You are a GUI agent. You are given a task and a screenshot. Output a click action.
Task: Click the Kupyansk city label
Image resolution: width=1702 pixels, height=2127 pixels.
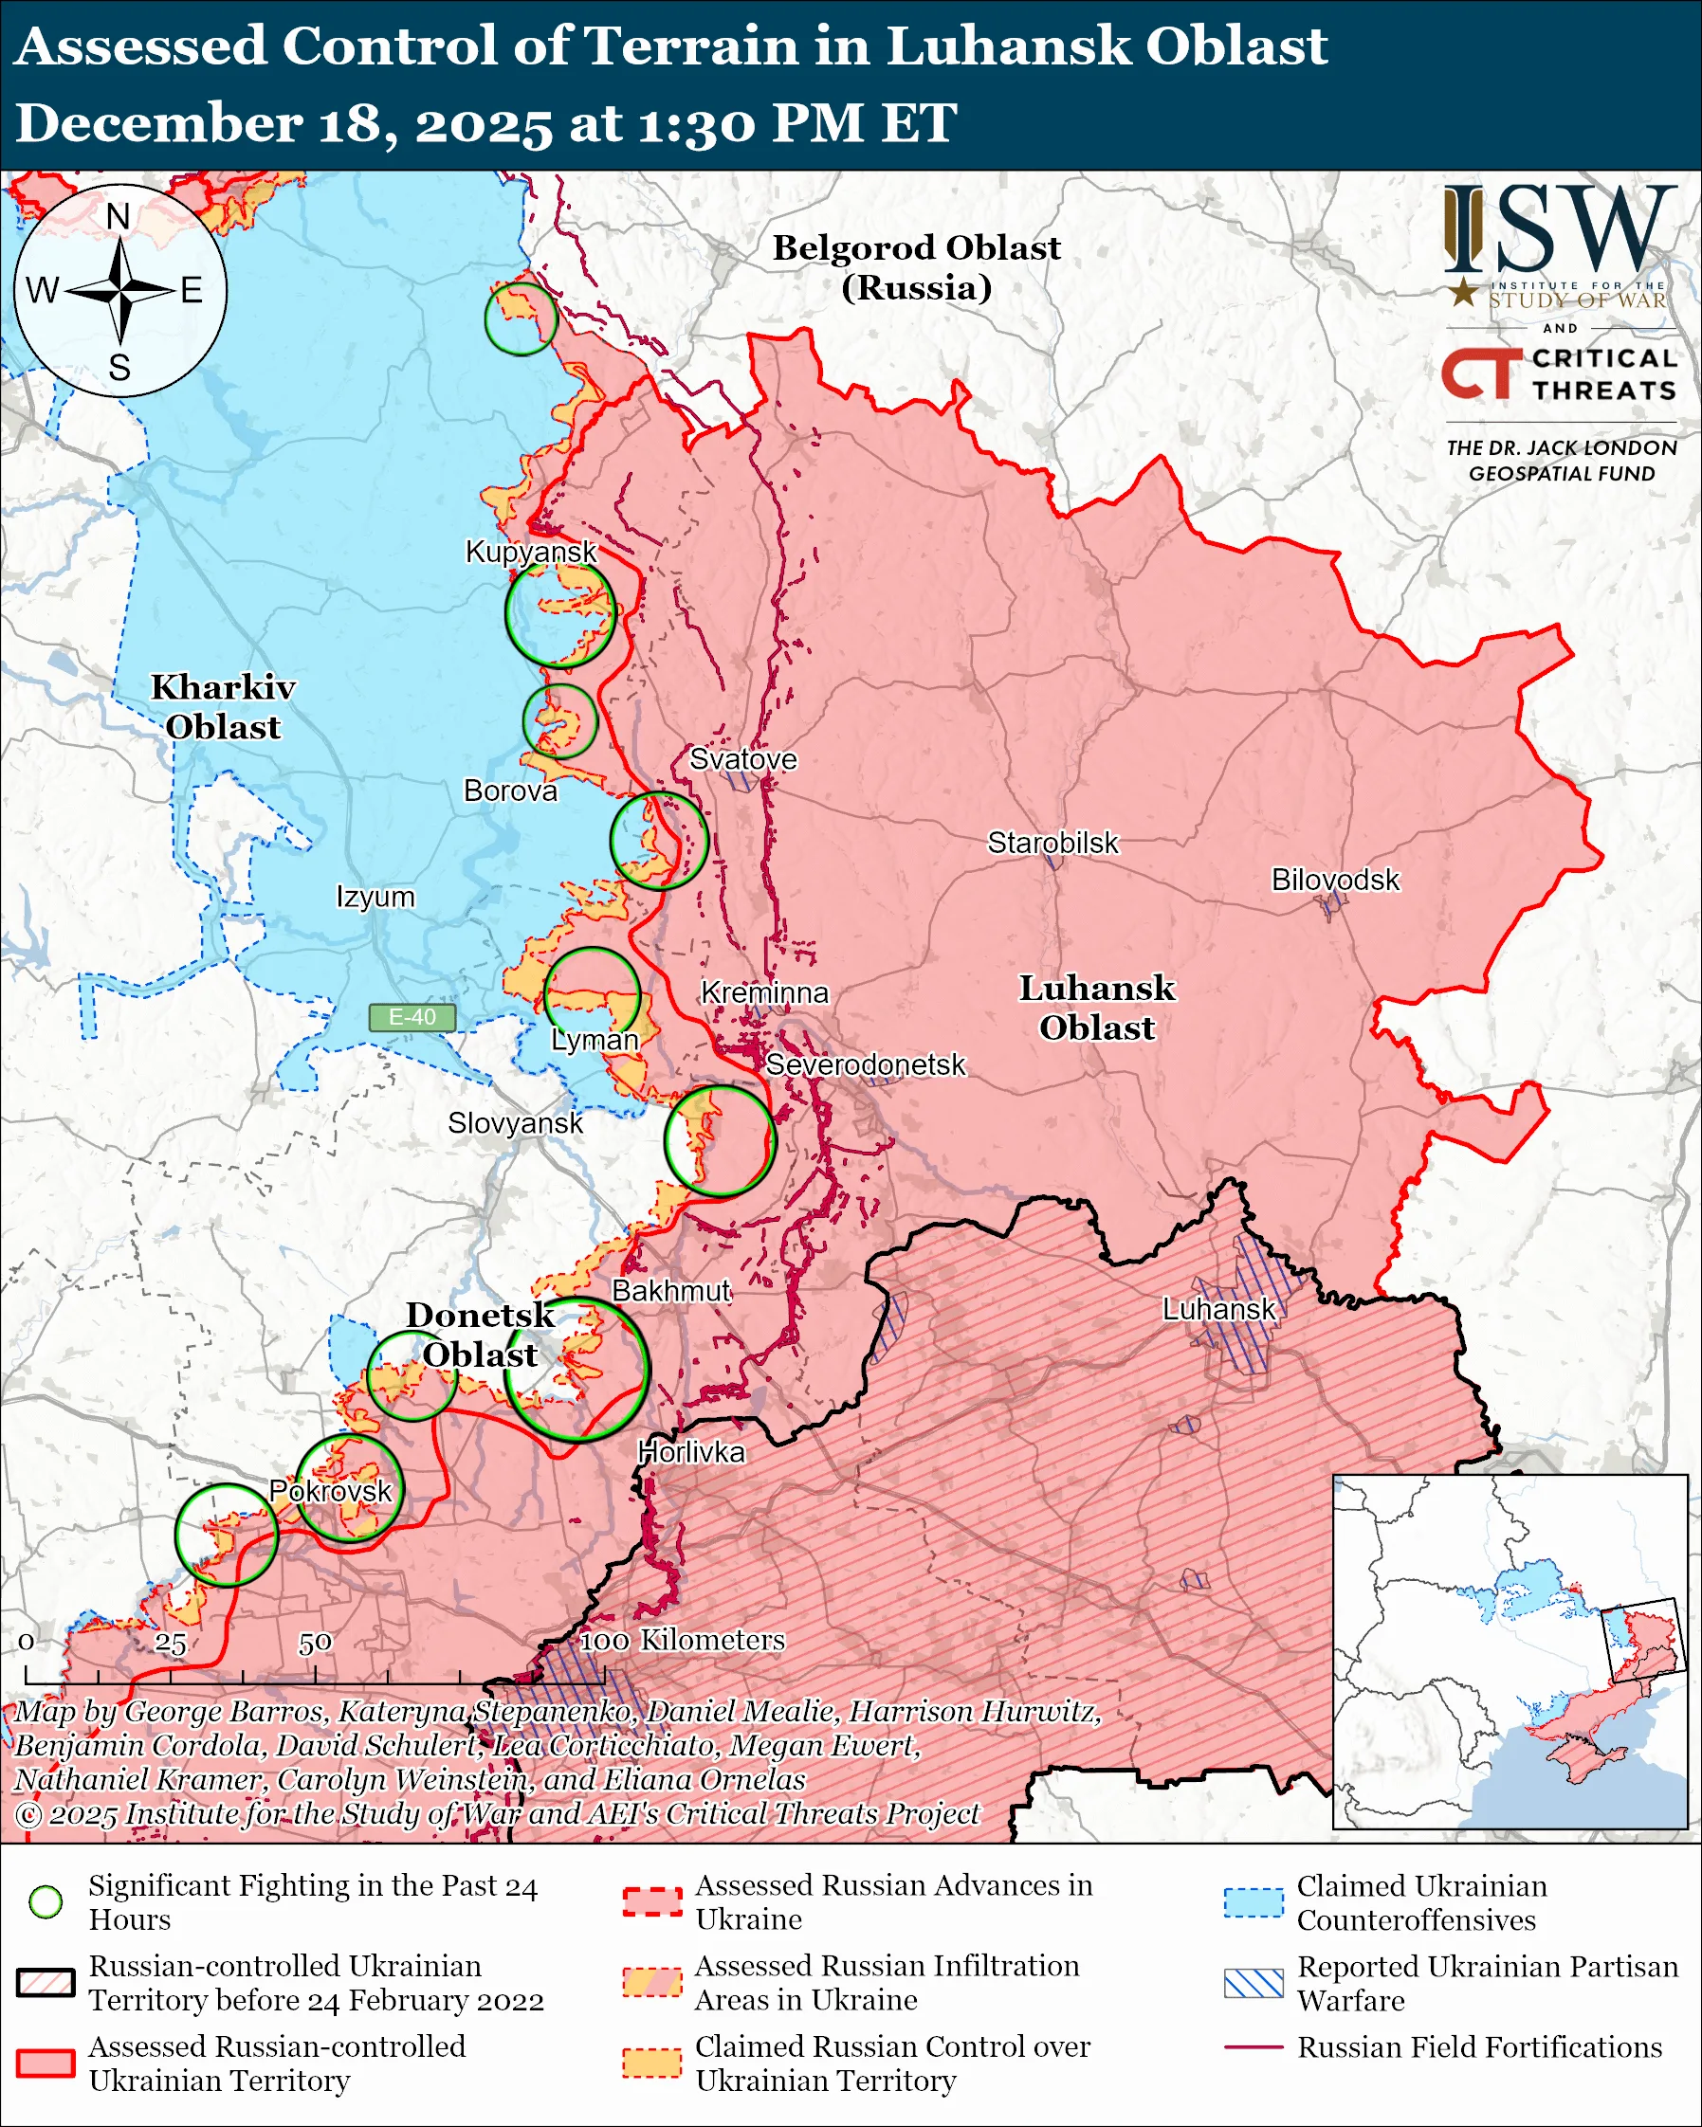pyautogui.click(x=531, y=552)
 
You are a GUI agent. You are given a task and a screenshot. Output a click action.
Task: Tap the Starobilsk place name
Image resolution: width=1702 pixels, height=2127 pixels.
pyautogui.click(x=1052, y=843)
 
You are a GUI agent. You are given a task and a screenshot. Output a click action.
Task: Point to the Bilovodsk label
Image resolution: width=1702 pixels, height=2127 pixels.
pyautogui.click(x=1335, y=879)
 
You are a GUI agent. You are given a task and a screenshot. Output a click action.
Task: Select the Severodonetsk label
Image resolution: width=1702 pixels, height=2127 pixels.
pyautogui.click(x=866, y=1064)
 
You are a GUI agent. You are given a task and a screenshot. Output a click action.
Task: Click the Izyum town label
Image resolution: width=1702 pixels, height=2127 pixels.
pyautogui.click(x=375, y=897)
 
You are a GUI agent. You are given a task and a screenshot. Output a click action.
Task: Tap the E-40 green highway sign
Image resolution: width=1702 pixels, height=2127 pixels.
pyautogui.click(x=412, y=1017)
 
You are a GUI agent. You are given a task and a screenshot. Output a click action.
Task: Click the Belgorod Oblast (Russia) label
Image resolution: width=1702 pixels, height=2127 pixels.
pyautogui.click(x=916, y=267)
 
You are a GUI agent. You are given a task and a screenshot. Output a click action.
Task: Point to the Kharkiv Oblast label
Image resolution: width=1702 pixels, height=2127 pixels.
pyautogui.click(x=223, y=706)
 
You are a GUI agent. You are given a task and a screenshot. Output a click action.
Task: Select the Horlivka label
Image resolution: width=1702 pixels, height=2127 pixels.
pyautogui.click(x=690, y=1452)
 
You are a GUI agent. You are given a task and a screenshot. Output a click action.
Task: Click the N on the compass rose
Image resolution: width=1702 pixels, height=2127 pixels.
pyautogui.click(x=119, y=216)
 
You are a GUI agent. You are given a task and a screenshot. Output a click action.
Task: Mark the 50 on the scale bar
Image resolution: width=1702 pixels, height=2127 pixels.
pyautogui.click(x=315, y=1643)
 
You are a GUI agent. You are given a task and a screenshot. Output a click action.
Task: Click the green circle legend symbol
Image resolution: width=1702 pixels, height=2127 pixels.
pyautogui.click(x=46, y=1901)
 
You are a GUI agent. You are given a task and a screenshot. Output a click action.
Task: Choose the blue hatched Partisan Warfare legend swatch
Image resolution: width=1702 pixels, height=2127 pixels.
pyautogui.click(x=1254, y=1983)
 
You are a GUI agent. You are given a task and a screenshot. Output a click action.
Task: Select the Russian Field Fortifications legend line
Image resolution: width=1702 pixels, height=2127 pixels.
pyautogui.click(x=1254, y=2047)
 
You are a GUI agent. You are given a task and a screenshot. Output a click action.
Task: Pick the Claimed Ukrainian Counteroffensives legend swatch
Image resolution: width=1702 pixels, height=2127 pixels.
pyautogui.click(x=1254, y=1902)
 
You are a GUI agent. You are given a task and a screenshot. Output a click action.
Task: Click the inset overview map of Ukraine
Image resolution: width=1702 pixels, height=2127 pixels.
pyautogui.click(x=1510, y=1651)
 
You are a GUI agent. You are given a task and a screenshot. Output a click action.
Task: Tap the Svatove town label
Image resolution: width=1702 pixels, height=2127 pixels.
pyautogui.click(x=743, y=758)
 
